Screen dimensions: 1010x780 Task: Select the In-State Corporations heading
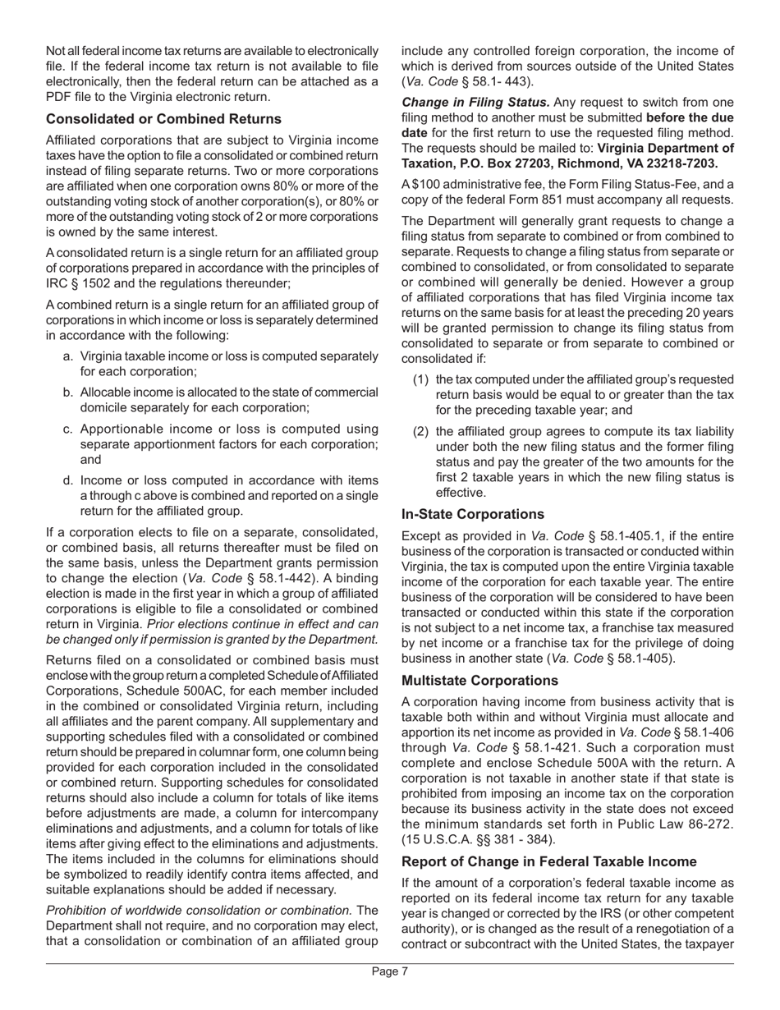472,514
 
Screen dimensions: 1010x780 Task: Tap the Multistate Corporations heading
478,681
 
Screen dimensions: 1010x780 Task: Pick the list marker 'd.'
69,480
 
